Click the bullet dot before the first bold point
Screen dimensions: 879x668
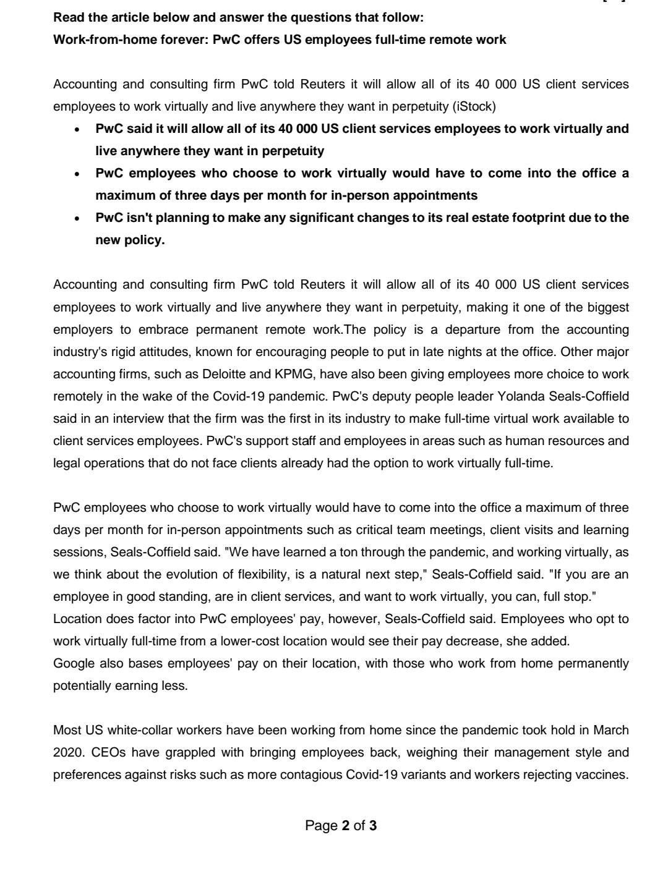(x=77, y=130)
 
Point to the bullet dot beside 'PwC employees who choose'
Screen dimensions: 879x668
(x=77, y=174)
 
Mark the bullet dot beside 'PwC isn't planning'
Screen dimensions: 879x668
(x=77, y=219)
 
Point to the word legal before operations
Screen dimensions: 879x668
(x=66, y=463)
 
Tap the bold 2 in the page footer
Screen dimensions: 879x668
(x=346, y=825)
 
